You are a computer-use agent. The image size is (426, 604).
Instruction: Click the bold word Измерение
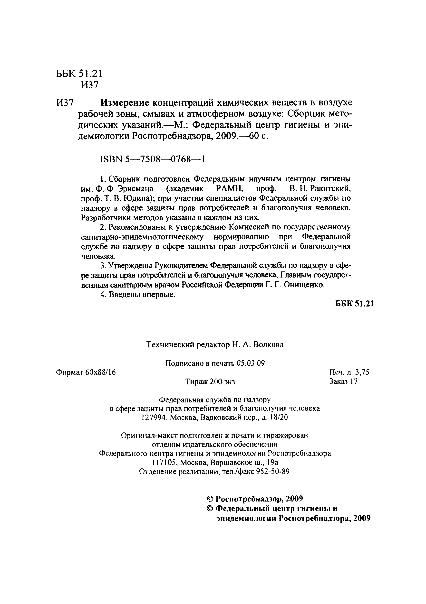point(125,102)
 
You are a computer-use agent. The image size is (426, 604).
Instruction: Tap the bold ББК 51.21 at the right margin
point(354,304)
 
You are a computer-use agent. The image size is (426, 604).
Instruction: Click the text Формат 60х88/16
point(86,372)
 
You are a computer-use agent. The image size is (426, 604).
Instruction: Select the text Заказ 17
point(343,381)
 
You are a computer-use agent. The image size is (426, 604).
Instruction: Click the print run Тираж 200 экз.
point(211,381)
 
